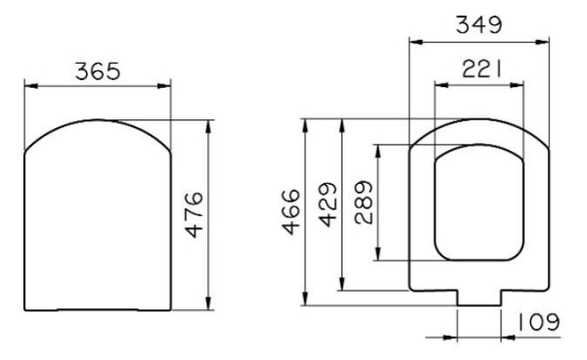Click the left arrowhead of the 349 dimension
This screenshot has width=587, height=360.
[x=412, y=41]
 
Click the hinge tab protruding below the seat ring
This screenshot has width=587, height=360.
[x=479, y=297]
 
